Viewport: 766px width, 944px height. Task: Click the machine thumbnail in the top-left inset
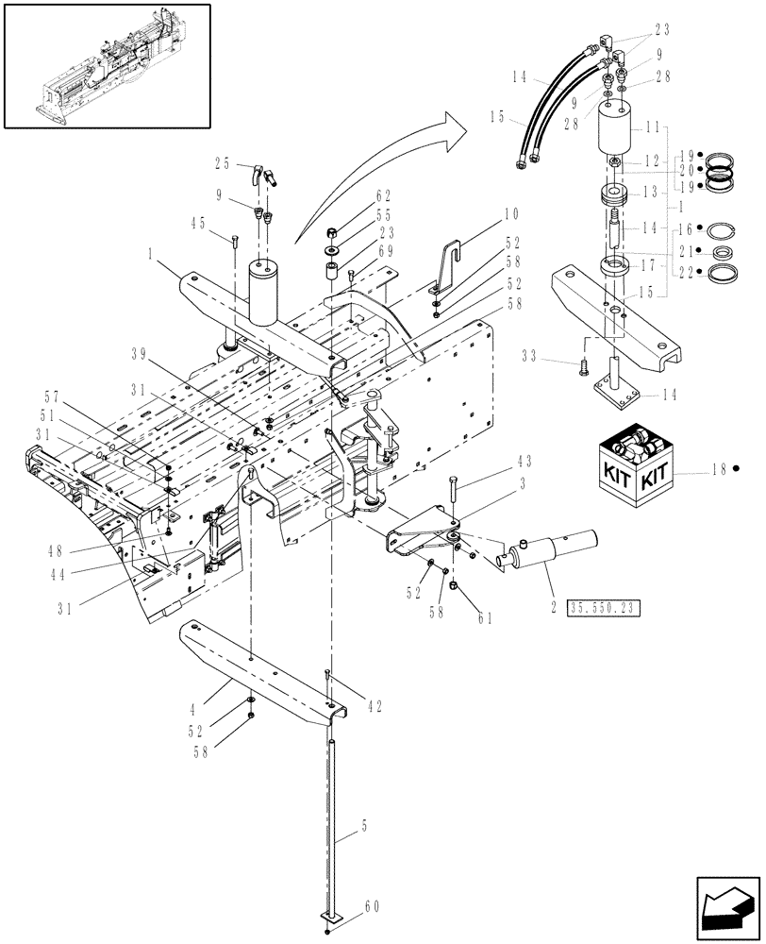(x=106, y=64)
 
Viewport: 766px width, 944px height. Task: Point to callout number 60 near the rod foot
(x=370, y=907)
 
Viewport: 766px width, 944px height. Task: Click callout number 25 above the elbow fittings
(x=222, y=163)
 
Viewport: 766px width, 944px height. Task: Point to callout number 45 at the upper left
(x=197, y=224)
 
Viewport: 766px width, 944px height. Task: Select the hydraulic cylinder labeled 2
(x=552, y=551)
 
